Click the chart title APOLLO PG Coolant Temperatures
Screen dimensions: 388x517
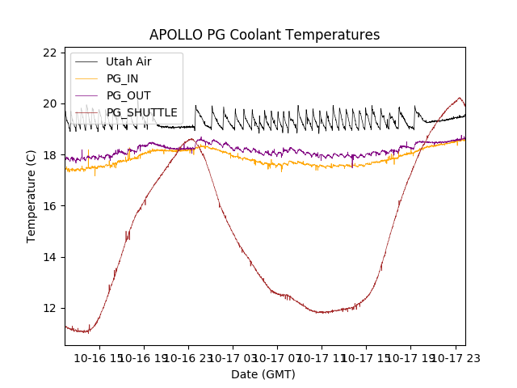[264, 35]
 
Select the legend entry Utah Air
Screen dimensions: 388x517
[128, 61]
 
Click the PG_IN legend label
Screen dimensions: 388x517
[122, 78]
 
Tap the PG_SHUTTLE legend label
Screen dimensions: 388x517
[141, 112]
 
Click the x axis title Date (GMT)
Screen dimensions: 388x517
[263, 374]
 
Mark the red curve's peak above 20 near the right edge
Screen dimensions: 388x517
[460, 98]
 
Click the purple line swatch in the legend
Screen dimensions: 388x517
[87, 95]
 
